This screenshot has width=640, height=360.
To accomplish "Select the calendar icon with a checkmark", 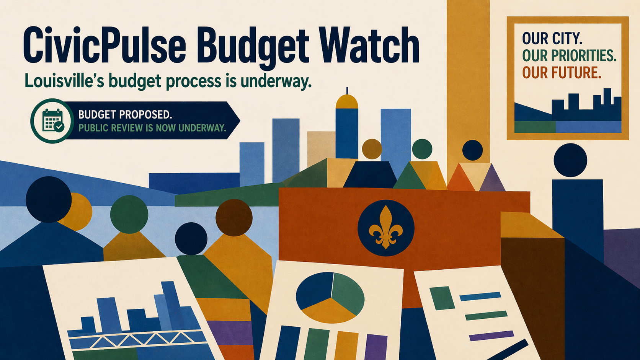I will pos(52,121).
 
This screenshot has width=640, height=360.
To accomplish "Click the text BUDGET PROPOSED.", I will pos(125,114).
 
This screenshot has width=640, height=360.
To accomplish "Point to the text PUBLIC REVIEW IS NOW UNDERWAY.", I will pos(152,128).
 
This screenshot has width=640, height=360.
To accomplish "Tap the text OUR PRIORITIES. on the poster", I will pos(569,56).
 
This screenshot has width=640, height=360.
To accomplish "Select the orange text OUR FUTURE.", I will pos(562,73).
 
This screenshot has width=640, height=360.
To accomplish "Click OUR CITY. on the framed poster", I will pos(552,38).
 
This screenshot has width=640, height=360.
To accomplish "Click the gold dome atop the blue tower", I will pos(347,101).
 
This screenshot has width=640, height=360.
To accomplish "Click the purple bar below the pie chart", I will pos(376,347).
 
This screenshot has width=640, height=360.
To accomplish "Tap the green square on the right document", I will pos(442,298).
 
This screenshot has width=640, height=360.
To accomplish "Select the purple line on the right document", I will pos(491,336).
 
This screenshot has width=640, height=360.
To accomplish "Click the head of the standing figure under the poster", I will pos(570,160).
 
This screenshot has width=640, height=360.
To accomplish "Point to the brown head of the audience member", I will pos(234,218).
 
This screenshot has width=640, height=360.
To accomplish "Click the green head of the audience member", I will pos(129,214).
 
